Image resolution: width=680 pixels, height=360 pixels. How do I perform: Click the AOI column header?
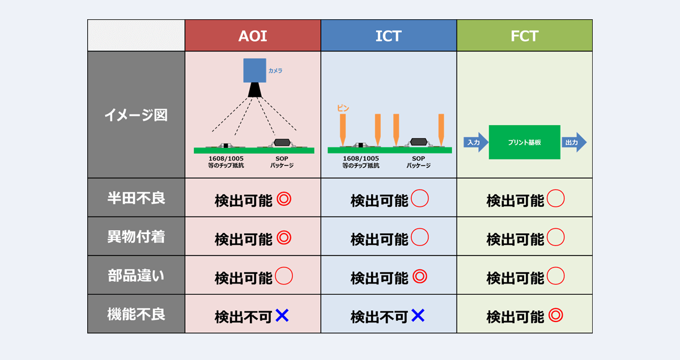click(x=252, y=36)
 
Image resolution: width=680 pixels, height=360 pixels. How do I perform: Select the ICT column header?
click(x=388, y=36)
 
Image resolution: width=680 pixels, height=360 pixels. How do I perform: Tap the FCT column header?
click(x=524, y=36)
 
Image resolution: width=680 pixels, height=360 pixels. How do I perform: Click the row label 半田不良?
click(x=136, y=198)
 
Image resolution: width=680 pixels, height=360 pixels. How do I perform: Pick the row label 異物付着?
click(x=136, y=236)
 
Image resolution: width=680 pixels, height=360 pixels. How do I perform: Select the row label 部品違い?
click(x=136, y=276)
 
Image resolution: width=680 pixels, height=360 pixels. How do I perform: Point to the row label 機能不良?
click(x=136, y=314)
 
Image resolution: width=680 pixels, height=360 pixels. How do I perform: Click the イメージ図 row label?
click(x=136, y=115)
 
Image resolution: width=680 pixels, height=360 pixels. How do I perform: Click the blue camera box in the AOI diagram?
click(x=254, y=71)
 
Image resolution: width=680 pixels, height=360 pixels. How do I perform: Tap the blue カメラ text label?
click(x=275, y=71)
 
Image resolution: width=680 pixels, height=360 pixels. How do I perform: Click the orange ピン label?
click(x=343, y=108)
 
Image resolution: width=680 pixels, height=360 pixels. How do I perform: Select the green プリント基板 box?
click(x=524, y=142)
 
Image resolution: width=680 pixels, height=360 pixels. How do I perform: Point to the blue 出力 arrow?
click(x=574, y=142)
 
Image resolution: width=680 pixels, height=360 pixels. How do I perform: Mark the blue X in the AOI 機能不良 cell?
click(x=282, y=316)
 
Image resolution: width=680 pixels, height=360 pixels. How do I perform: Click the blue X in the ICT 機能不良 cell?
click(x=418, y=316)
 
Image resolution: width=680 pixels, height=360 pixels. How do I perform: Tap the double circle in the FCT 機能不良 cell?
click(x=555, y=316)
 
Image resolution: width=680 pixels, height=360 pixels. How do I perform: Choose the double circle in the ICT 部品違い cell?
click(x=419, y=277)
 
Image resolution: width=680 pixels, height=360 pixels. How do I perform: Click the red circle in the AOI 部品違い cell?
click(x=283, y=277)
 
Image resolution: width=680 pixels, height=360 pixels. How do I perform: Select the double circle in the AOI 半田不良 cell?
click(x=283, y=200)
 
